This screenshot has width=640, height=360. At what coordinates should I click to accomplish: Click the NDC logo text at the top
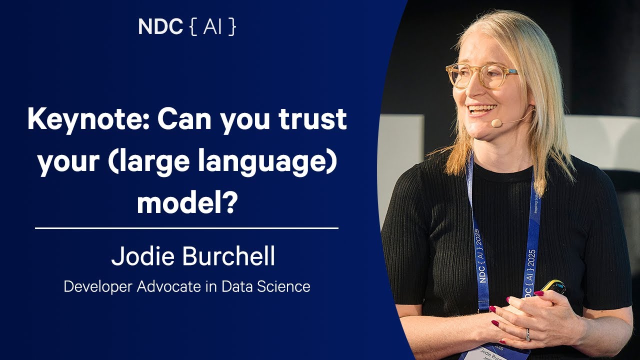(x=160, y=27)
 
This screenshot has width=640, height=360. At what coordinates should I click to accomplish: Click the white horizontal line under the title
(x=186, y=228)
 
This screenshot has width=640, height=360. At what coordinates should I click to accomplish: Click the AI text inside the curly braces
(x=212, y=27)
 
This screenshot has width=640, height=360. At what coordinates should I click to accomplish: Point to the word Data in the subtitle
(x=237, y=287)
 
